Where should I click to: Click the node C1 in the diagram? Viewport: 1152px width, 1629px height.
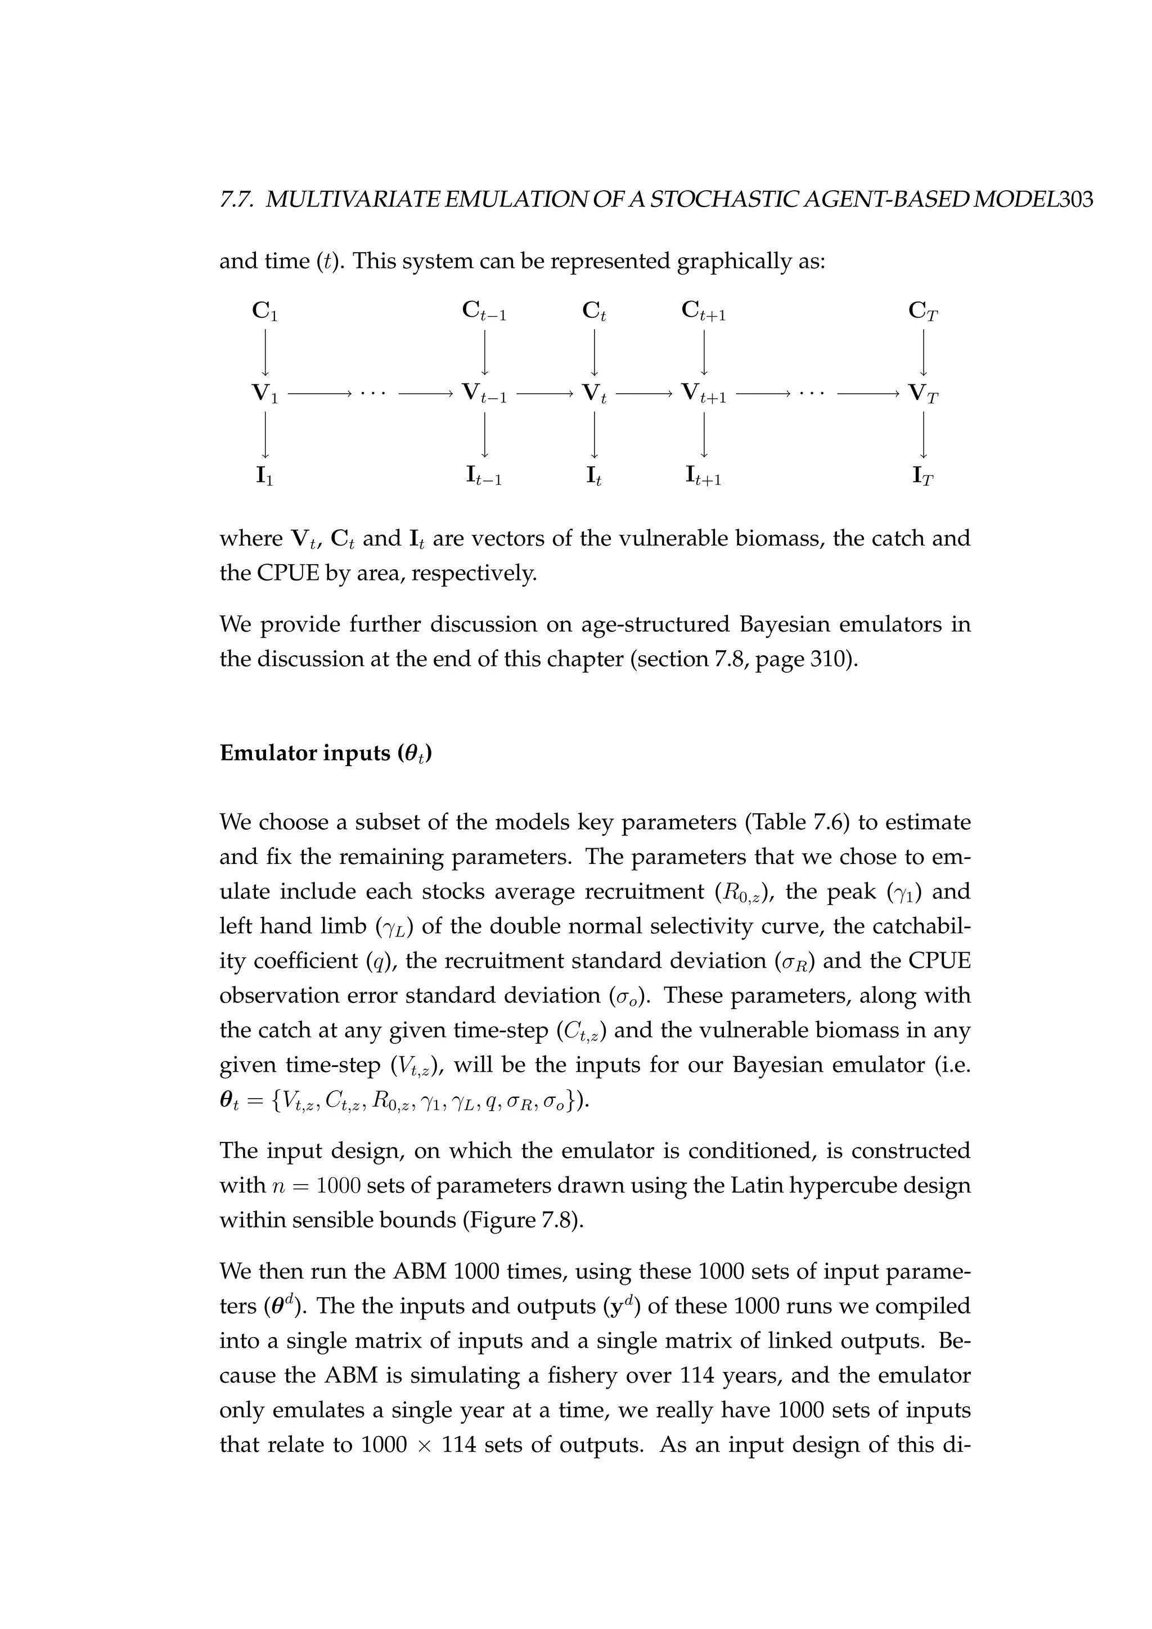click(x=264, y=310)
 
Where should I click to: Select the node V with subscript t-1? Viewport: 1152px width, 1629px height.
click(x=484, y=393)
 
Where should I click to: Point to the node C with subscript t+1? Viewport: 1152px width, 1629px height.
click(x=704, y=310)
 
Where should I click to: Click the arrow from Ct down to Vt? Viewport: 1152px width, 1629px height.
click(x=595, y=352)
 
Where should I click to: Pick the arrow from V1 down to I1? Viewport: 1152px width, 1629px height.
click(x=264, y=434)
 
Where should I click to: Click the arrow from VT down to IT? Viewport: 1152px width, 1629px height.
click(x=924, y=434)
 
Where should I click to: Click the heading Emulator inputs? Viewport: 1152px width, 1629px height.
click(x=326, y=753)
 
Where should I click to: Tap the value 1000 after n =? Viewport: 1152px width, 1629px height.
click(x=339, y=1186)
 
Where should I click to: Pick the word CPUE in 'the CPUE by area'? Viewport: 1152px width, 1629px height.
click(x=289, y=573)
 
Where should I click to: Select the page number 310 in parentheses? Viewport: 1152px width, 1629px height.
click(x=829, y=659)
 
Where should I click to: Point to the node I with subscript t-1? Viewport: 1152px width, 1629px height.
click(x=484, y=476)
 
